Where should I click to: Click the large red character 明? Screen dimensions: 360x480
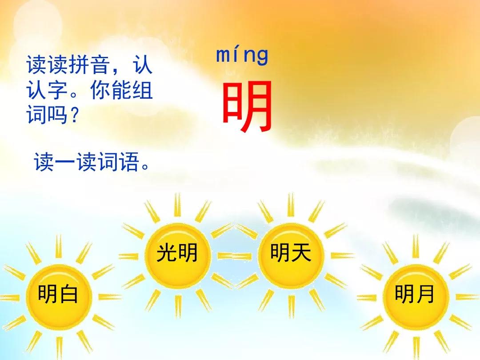click(x=247, y=107)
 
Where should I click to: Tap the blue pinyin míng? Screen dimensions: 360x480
click(x=242, y=56)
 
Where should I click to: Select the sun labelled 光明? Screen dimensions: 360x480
click(x=176, y=254)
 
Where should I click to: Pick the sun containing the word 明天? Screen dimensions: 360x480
click(x=291, y=254)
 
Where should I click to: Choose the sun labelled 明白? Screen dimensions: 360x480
click(x=58, y=295)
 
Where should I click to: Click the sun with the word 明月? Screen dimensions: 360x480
click(x=415, y=295)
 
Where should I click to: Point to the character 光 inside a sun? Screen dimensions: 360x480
click(x=166, y=254)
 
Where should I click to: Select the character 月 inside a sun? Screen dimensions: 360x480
click(x=425, y=295)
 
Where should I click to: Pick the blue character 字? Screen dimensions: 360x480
click(x=57, y=92)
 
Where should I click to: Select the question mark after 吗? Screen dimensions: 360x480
click(x=75, y=116)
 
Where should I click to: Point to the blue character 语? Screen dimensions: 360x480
click(x=129, y=163)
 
